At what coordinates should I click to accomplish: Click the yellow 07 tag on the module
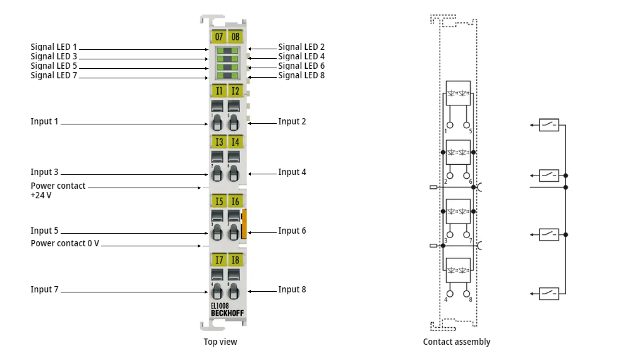[x=219, y=37]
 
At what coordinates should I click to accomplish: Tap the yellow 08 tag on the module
[x=235, y=37]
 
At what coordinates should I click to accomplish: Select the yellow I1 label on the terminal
[x=219, y=90]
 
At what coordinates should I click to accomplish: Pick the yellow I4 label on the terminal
[x=235, y=141]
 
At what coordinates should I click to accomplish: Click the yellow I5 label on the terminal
[x=219, y=201]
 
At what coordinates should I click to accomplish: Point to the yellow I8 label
[x=235, y=260]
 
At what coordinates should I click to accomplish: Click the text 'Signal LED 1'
[x=54, y=47]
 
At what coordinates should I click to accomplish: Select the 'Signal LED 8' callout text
[x=301, y=76]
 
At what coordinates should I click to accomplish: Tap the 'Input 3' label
[x=44, y=172]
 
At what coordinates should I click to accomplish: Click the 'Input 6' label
[x=292, y=231]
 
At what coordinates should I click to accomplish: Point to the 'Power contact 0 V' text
[x=64, y=244]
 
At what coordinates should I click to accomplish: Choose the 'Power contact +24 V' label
[x=57, y=191]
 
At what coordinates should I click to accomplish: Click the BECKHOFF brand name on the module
[x=227, y=313]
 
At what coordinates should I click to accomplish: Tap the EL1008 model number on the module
[x=220, y=306]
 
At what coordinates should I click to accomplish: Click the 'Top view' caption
[x=220, y=342]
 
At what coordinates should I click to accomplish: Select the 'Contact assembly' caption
[x=456, y=342]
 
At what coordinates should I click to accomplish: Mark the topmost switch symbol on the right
[x=549, y=125]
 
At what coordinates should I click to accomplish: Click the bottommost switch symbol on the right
[x=549, y=294]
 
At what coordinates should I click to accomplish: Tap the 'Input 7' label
[x=44, y=290]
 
